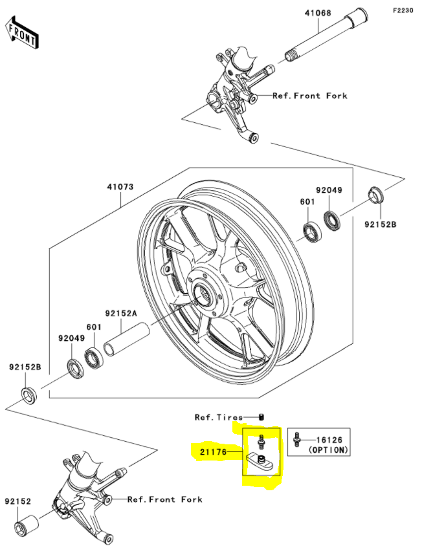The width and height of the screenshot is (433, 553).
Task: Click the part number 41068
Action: [x=318, y=12]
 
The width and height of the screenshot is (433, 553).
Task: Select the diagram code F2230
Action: [x=406, y=11]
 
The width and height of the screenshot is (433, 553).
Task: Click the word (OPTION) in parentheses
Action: [x=328, y=449]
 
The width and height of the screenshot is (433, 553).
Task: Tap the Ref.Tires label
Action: [x=219, y=417]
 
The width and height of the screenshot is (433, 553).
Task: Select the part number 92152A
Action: [x=123, y=312]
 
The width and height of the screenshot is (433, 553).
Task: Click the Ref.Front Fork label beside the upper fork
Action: [x=309, y=96]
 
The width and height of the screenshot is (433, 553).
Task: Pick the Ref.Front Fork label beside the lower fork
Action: [x=164, y=499]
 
